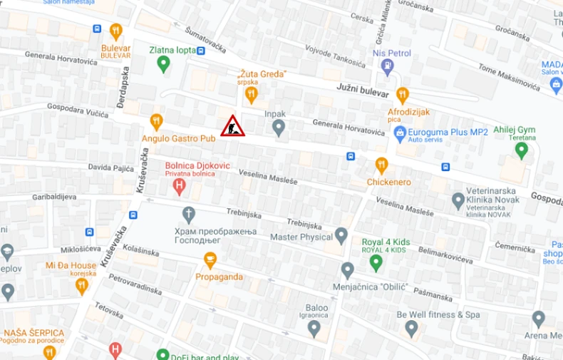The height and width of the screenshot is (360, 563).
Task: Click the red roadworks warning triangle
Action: point(232,126)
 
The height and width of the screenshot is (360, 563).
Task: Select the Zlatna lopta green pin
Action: point(163,64)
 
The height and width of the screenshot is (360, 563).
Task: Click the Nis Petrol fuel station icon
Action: point(388,67)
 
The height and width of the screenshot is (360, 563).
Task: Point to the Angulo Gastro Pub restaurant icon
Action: point(156,121)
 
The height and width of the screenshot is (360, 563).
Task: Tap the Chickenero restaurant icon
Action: point(381,165)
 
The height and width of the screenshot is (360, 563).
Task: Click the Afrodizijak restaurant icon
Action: point(403,95)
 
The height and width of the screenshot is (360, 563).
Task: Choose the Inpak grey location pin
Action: point(279,128)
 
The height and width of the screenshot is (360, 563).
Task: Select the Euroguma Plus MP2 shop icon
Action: point(399,133)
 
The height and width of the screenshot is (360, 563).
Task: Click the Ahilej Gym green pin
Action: point(522,150)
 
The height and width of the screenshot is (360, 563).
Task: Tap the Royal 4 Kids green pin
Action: point(376,262)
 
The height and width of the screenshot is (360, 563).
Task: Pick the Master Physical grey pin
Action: point(341,235)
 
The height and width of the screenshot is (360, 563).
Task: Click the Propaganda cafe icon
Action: point(210,260)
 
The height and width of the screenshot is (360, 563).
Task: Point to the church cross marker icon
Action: point(188,213)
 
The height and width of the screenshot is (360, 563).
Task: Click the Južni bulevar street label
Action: point(363,91)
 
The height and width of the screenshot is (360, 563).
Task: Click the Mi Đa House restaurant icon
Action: point(82,286)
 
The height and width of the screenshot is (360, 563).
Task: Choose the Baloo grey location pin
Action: point(314,328)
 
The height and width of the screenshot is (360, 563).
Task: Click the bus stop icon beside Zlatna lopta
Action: point(201,51)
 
